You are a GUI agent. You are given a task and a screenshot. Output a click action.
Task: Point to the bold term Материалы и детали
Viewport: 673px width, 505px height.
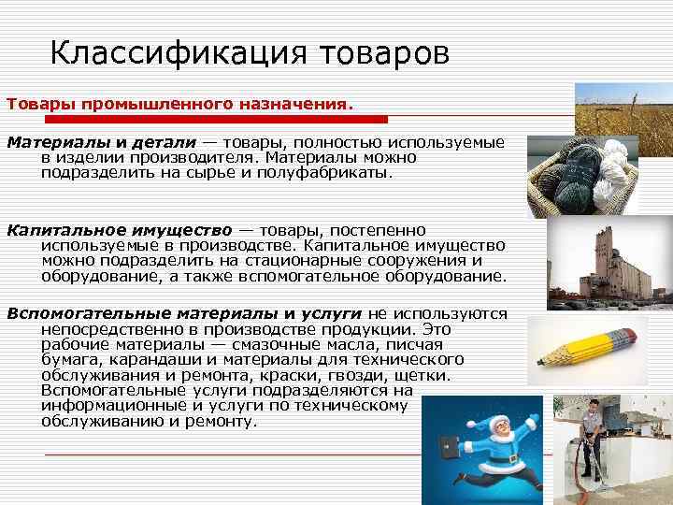point(102,142)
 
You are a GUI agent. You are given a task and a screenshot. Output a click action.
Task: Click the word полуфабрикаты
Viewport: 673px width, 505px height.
point(331,173)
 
